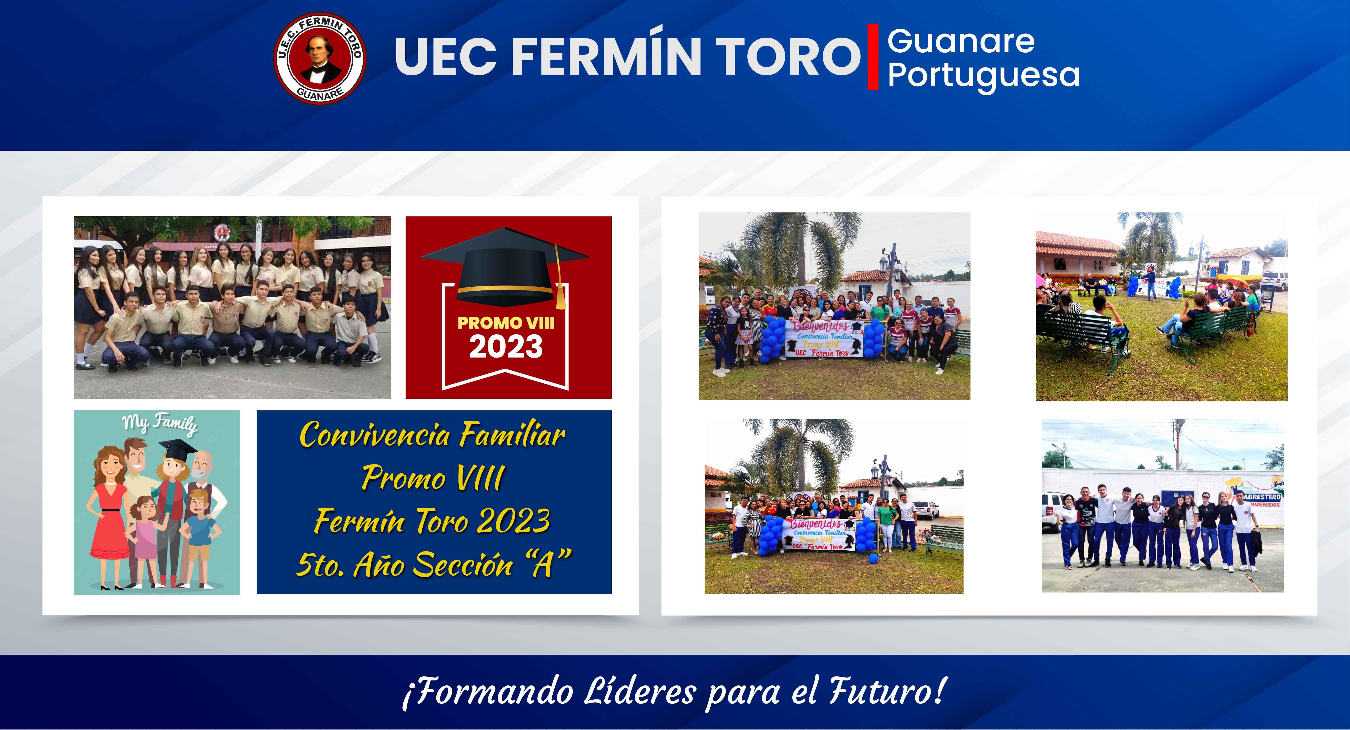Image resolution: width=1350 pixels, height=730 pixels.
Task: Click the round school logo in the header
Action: click(x=320, y=58)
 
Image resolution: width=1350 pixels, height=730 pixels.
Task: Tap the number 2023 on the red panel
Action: click(x=506, y=347)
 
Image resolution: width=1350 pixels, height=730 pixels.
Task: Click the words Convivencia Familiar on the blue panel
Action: click(x=432, y=435)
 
